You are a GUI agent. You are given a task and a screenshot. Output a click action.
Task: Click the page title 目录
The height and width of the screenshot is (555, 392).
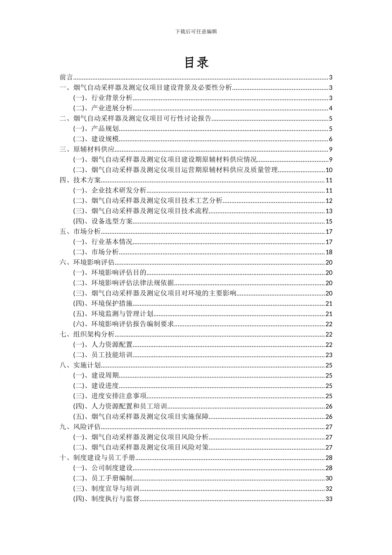pos(196,62)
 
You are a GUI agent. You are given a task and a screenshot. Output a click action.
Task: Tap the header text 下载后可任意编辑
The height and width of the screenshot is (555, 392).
pos(196,31)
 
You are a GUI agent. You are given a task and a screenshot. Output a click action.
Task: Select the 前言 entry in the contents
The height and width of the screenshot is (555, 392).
pos(66,78)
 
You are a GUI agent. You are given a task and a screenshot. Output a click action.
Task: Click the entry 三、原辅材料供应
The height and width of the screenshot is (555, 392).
pos(87,149)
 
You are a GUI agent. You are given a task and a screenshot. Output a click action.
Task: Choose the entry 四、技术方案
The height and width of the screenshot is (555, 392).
pos(80,180)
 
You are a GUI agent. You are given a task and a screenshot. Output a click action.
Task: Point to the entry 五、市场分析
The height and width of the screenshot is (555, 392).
pos(80,232)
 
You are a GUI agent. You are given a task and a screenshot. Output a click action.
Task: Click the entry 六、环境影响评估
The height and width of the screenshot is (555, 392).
pos(87,263)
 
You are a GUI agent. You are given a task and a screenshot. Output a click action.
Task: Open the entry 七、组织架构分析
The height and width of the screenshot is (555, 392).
pos(87,334)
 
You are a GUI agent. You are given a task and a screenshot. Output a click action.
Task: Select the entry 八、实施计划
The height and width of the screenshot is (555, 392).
pos(80,365)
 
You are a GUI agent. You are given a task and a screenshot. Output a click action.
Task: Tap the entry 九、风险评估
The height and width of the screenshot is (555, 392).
pos(80,427)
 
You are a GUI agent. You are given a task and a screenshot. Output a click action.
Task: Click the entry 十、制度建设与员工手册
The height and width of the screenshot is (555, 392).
pos(98,458)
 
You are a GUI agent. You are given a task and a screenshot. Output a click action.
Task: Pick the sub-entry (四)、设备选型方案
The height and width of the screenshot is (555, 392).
pos(103,221)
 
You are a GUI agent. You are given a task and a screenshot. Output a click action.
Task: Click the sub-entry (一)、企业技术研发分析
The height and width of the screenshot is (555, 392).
pos(110,190)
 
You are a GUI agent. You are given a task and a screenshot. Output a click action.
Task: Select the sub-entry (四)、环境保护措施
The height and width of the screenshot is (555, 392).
pos(103,304)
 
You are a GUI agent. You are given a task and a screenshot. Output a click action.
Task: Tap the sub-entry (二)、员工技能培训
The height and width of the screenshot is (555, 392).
pos(103,355)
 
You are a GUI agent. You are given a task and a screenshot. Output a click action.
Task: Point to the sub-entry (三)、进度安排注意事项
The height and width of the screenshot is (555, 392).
pos(110,396)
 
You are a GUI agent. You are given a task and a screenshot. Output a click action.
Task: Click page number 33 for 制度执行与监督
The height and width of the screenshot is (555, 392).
pos(329,499)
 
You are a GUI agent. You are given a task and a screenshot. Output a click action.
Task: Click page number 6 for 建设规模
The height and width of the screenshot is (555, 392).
pos(331,139)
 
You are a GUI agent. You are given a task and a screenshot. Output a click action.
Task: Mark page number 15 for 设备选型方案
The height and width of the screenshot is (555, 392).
pos(329,221)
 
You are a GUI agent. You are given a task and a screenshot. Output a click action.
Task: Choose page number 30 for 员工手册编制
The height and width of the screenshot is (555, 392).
pos(329,478)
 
